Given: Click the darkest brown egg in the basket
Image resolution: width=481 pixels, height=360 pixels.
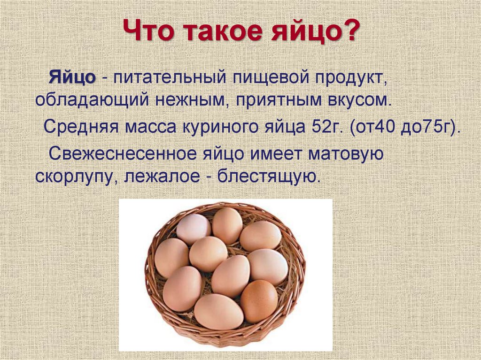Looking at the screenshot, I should tap(259, 300).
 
